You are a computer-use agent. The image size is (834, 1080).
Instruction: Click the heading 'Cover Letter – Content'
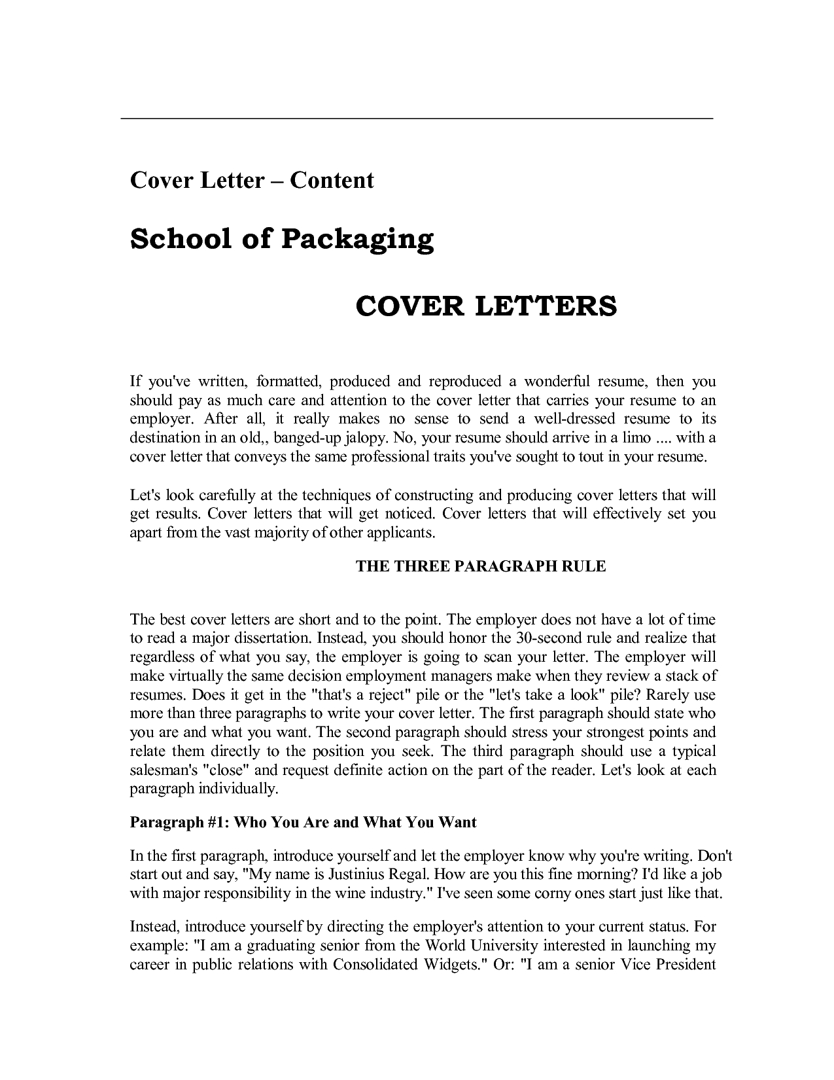[252, 180]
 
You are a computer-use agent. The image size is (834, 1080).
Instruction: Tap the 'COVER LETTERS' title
[486, 306]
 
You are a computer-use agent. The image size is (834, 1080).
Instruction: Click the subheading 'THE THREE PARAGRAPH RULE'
[481, 567]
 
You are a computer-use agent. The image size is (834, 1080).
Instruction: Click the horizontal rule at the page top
[417, 118]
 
